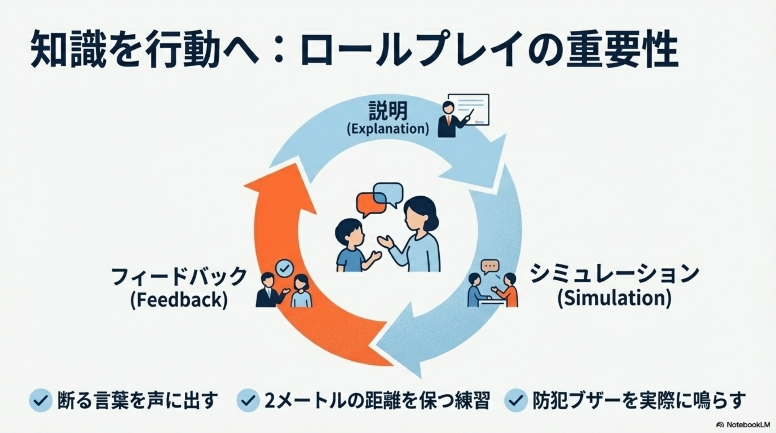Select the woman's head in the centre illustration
pyautogui.click(x=420, y=214)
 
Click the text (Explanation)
pyautogui.click(x=388, y=129)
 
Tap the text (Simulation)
pyautogui.click(x=614, y=299)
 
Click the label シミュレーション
pyautogui.click(x=614, y=274)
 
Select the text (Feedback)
pyautogui.click(x=179, y=300)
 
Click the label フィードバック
pyautogui.click(x=179, y=277)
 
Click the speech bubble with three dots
pyautogui.click(x=490, y=267)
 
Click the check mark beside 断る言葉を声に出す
pyautogui.click(x=40, y=400)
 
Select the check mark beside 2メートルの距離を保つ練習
pyautogui.click(x=248, y=400)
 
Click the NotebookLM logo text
pyautogui.click(x=744, y=425)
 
